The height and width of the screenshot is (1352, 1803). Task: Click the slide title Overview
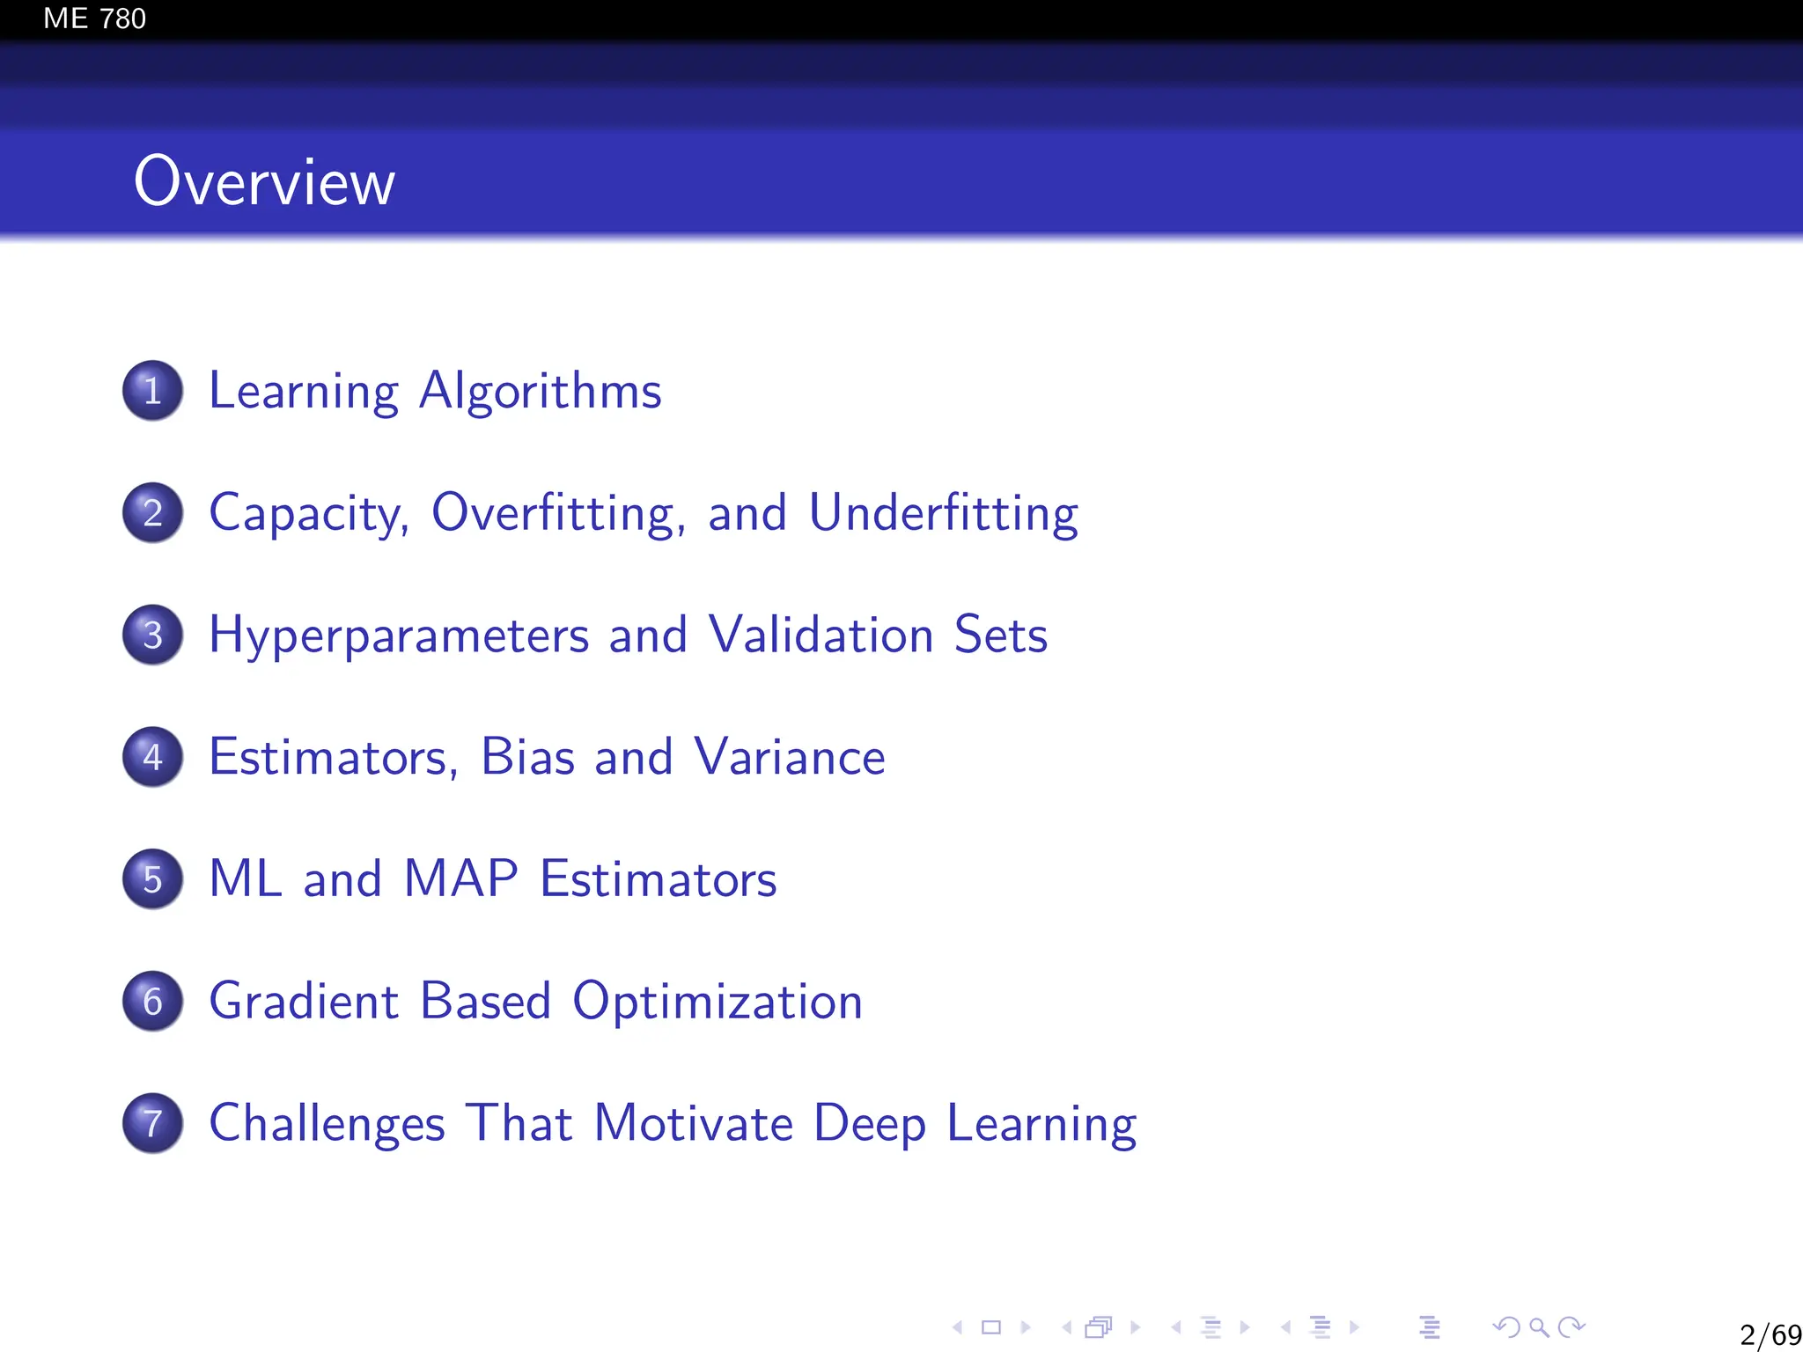click(264, 181)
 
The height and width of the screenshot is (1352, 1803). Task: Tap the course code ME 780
click(94, 18)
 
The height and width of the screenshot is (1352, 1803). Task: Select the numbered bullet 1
click(153, 391)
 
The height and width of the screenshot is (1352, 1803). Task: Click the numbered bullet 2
click(153, 512)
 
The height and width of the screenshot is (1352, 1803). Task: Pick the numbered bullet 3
click(153, 635)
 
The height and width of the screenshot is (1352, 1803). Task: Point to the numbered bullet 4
click(153, 757)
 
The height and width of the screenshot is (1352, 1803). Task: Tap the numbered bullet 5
click(153, 878)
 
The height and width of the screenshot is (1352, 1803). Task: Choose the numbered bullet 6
click(153, 1001)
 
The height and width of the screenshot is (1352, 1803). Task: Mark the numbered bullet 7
click(153, 1123)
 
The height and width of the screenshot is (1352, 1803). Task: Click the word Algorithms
click(540, 391)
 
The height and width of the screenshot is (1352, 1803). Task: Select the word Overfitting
click(558, 512)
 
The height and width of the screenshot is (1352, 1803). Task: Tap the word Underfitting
click(943, 512)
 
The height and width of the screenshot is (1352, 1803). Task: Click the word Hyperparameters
click(399, 636)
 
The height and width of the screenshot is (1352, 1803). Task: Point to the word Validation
click(821, 635)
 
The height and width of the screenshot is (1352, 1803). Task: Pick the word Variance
click(789, 757)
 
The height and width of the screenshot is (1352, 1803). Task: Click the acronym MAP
click(460, 878)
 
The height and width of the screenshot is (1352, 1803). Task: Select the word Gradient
click(305, 1001)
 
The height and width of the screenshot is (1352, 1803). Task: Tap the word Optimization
click(718, 1002)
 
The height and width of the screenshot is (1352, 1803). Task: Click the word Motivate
click(694, 1123)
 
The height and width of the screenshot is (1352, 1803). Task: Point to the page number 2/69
click(1770, 1334)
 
